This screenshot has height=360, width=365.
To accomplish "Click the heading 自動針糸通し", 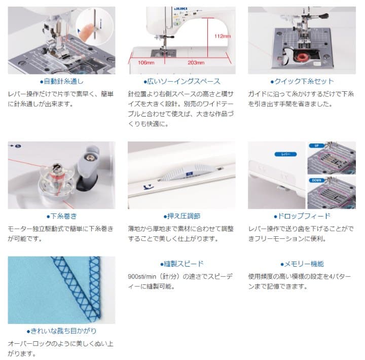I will click(x=61, y=81).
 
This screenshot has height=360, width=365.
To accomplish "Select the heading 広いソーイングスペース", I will click(x=181, y=81).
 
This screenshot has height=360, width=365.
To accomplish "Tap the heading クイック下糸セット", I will click(x=302, y=81).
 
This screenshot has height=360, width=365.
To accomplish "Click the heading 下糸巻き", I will click(x=61, y=216).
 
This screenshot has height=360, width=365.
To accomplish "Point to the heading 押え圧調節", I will click(x=181, y=216).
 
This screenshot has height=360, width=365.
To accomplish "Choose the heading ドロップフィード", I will click(x=302, y=216).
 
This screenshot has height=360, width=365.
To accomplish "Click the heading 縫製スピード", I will click(x=181, y=264).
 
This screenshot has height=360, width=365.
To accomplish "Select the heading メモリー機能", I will click(x=302, y=264).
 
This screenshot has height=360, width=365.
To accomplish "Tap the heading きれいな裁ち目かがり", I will click(x=61, y=331).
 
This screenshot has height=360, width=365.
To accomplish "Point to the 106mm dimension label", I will click(x=146, y=63).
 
